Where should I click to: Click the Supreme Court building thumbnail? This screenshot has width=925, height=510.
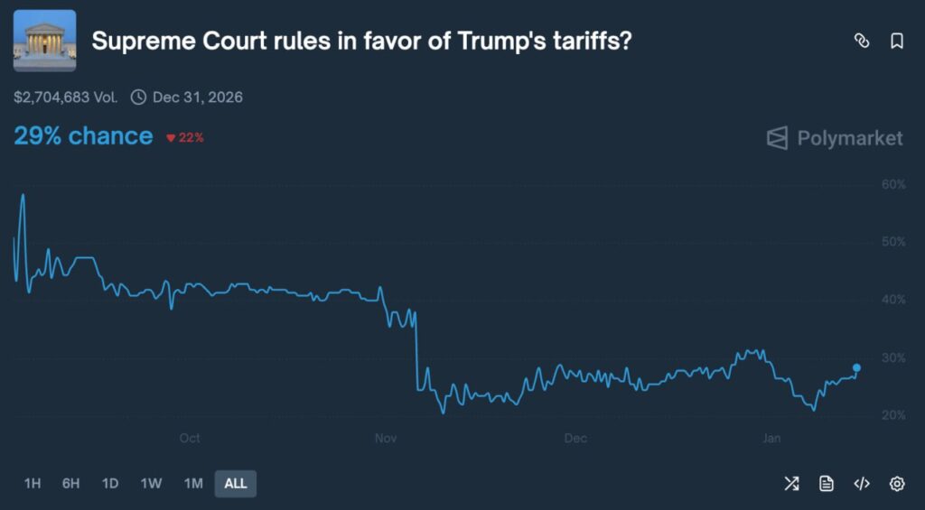(x=44, y=41)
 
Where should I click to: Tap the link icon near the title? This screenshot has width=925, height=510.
(x=862, y=41)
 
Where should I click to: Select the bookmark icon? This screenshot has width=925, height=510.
(x=897, y=41)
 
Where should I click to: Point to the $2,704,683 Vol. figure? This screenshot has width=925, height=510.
(x=66, y=97)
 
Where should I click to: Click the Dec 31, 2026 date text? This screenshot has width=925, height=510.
(x=197, y=97)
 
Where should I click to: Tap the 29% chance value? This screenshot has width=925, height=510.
(x=83, y=136)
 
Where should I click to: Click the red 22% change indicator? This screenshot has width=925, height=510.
(x=185, y=138)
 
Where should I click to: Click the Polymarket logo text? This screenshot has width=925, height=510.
(x=849, y=138)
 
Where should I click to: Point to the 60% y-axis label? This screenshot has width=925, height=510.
(x=892, y=184)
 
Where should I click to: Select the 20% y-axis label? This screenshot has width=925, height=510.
(x=892, y=415)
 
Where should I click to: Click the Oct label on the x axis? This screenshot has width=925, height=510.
(x=190, y=439)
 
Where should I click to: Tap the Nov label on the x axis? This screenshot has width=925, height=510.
(x=386, y=439)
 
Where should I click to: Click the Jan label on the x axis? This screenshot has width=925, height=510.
(x=771, y=439)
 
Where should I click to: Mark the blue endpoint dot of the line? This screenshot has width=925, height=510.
(x=856, y=367)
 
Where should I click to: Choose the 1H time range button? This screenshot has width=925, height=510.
(x=33, y=483)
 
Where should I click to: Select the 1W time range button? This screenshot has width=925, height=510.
(x=151, y=483)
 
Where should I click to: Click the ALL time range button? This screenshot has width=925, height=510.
(x=236, y=483)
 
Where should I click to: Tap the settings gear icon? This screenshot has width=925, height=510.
(x=897, y=484)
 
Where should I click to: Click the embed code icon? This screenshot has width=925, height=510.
(x=862, y=484)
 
